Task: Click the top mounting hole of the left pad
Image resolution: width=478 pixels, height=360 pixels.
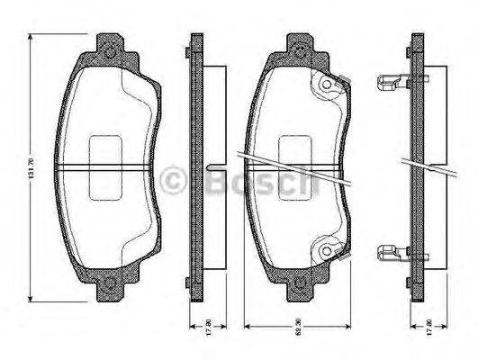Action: [111, 51]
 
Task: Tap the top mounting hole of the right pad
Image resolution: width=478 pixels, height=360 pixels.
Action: [299, 51]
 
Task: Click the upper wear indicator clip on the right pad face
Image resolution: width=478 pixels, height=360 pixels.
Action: [329, 85]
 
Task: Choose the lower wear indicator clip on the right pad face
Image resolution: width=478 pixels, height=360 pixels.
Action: [329, 250]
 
